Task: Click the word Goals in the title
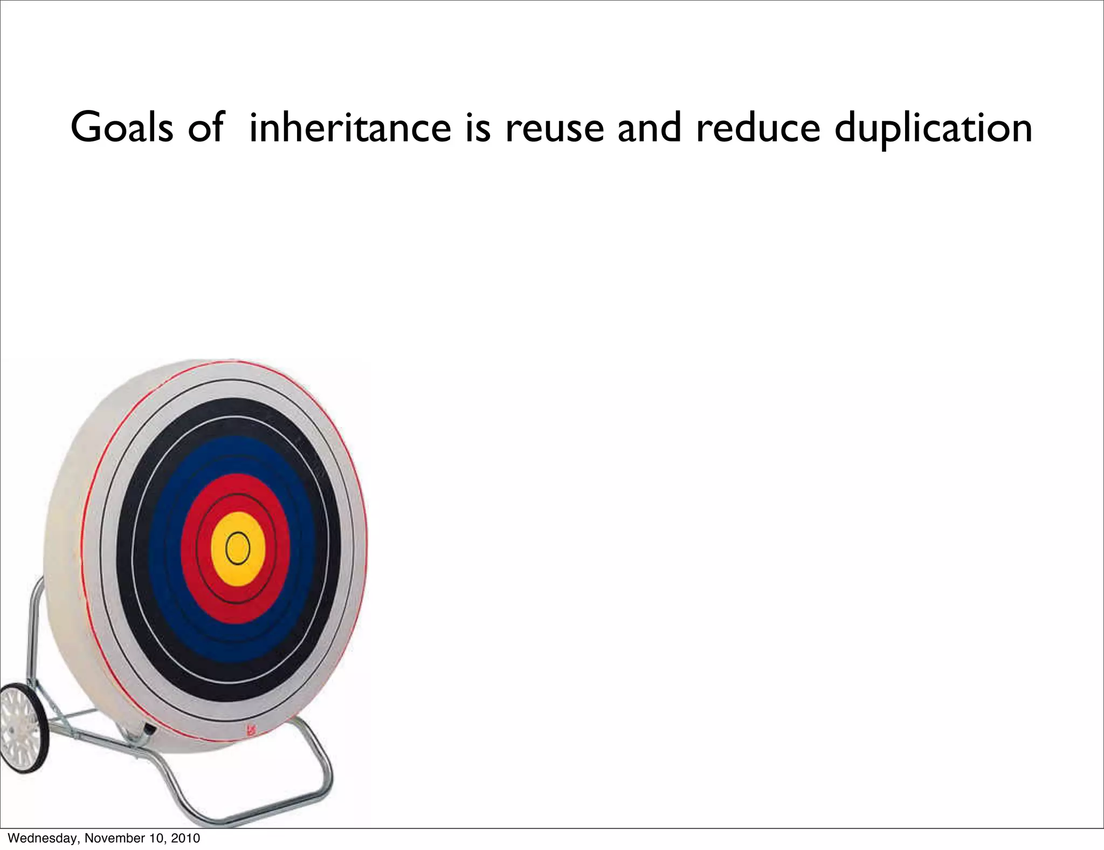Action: click(x=122, y=127)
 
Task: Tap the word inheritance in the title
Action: click(x=350, y=127)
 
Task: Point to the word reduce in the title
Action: click(x=757, y=127)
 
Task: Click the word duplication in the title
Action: click(x=933, y=128)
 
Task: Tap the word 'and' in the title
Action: click(x=649, y=127)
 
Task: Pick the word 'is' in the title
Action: click(x=478, y=127)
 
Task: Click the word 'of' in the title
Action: click(x=205, y=127)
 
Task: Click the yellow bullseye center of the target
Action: click(x=238, y=549)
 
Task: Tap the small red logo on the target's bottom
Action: click(x=251, y=731)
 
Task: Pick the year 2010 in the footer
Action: click(x=185, y=838)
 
